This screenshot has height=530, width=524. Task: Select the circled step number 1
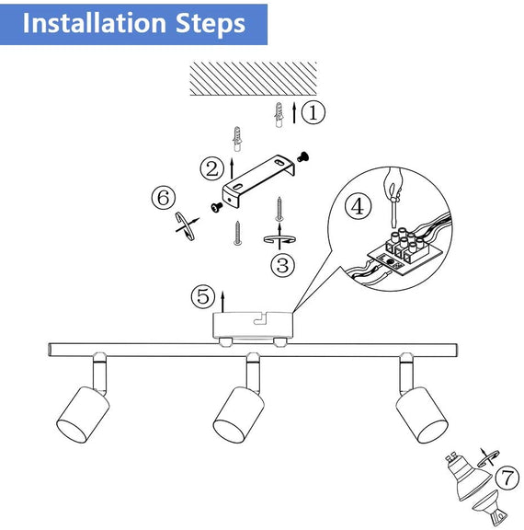click(314, 113)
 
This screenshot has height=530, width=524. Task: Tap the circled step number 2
click(212, 168)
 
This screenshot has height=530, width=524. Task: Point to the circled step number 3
click(283, 266)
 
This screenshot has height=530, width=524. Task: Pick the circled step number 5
click(202, 297)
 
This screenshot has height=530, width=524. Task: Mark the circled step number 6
click(163, 198)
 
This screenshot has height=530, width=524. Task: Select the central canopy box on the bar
click(254, 325)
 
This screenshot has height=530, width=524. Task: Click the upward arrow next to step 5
click(224, 296)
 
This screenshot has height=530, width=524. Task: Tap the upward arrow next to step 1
click(293, 113)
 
